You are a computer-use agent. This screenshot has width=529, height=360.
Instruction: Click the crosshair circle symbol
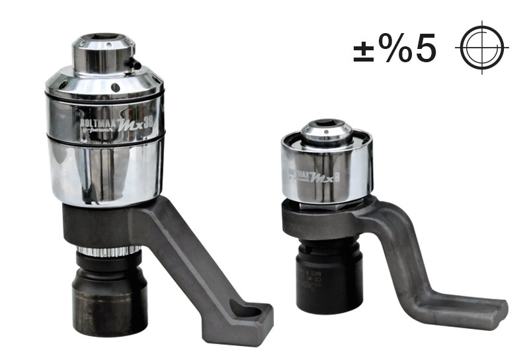[x=481, y=49]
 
